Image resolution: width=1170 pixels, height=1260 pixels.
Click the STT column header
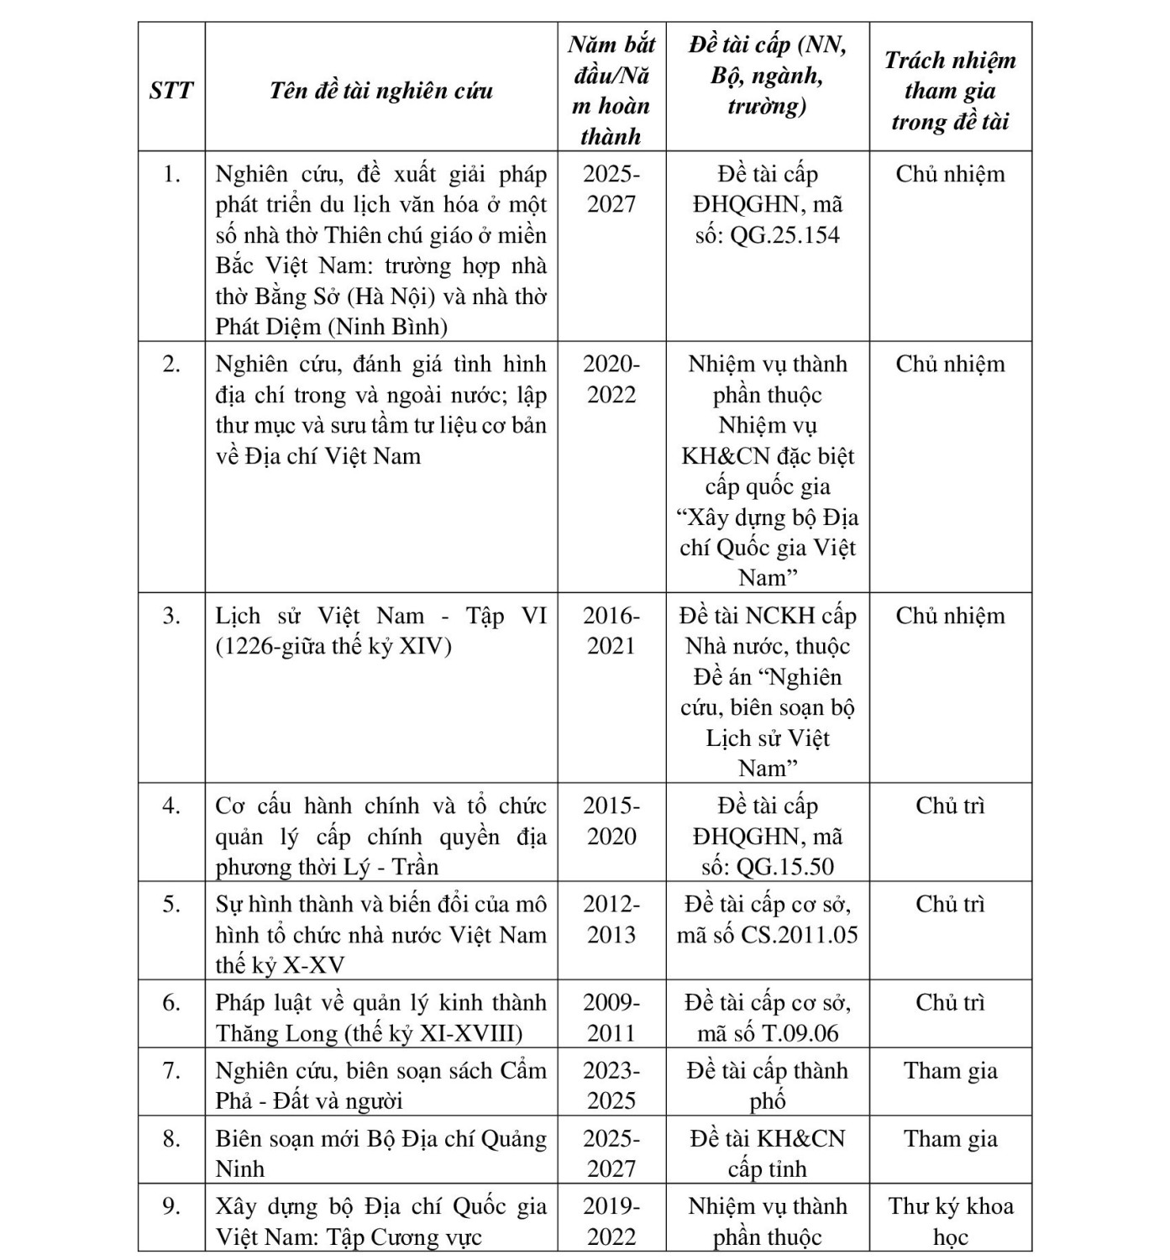[x=171, y=90]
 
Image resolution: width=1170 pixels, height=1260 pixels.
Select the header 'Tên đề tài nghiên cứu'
[x=380, y=90]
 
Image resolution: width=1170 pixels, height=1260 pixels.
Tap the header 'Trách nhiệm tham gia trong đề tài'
[x=950, y=90]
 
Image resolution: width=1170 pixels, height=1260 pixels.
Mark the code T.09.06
[x=799, y=1033]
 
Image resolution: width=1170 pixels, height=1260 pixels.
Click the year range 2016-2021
[x=611, y=631]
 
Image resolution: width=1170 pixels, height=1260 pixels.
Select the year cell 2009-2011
[x=611, y=1017]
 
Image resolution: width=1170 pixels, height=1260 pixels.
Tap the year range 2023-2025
[x=611, y=1085]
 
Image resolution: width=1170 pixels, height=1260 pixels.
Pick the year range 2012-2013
[x=611, y=919]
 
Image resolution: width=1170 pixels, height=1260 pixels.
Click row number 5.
[x=171, y=904]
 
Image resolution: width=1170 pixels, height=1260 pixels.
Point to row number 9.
[x=171, y=1206]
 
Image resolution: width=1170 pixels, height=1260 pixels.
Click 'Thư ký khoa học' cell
[x=950, y=1221]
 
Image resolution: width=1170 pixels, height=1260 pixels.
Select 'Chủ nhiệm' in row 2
[x=950, y=364]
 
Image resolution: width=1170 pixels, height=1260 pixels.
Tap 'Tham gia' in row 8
[x=950, y=1138]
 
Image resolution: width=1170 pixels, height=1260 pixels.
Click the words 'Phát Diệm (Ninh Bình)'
[x=331, y=327]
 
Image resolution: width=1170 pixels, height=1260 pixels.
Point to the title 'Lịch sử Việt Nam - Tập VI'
[x=380, y=616]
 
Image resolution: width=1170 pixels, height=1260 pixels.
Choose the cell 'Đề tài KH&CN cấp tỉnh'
[x=768, y=1153]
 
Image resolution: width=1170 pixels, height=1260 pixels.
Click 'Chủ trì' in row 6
[x=950, y=1002]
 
